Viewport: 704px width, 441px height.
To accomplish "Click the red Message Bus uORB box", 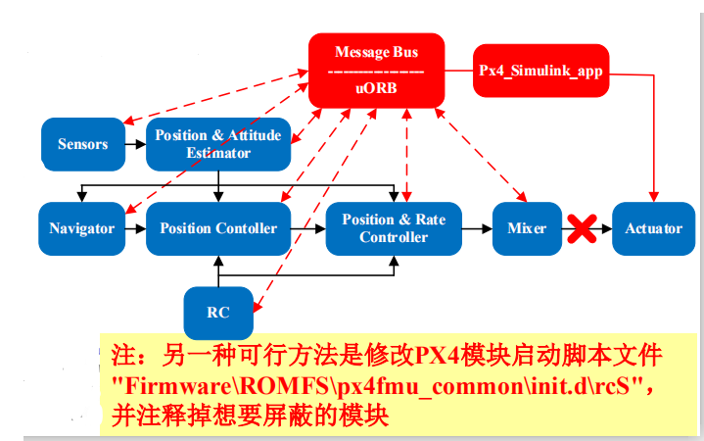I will [x=377, y=70].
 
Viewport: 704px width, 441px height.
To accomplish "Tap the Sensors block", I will [x=83, y=144].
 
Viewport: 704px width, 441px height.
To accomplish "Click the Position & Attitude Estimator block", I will [x=218, y=144].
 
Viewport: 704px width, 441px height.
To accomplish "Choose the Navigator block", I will [x=82, y=228].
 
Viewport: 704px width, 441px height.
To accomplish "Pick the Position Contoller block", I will [x=218, y=228].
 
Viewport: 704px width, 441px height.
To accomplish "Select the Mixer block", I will [x=527, y=228].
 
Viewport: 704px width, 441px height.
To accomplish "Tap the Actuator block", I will [x=653, y=228].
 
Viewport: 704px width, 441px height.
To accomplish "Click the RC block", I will [x=218, y=313].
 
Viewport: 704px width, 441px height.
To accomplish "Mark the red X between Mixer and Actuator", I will [x=584, y=229].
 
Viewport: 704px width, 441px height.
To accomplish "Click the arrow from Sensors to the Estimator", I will [x=136, y=144].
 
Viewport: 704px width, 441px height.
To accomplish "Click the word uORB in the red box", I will [x=377, y=88].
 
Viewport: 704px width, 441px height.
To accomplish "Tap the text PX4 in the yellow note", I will [x=439, y=354].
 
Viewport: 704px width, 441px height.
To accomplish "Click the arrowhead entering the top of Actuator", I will [x=653, y=199].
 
